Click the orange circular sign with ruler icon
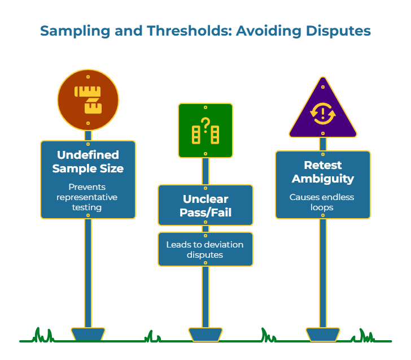click(x=88, y=99)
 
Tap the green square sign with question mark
click(x=205, y=130)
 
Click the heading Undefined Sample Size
click(x=88, y=161)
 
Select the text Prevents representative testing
click(x=88, y=197)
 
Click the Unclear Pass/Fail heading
click(x=205, y=206)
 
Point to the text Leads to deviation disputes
click(x=205, y=249)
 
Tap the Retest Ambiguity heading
click(x=323, y=172)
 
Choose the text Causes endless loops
click(x=323, y=202)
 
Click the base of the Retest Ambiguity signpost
click(x=323, y=334)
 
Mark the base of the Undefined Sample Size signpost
click(x=88, y=334)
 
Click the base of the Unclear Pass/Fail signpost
click(x=205, y=334)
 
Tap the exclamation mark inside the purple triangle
click(x=323, y=114)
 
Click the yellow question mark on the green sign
click(x=205, y=123)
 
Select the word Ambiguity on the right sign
click(x=323, y=179)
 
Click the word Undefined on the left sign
click(x=88, y=155)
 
